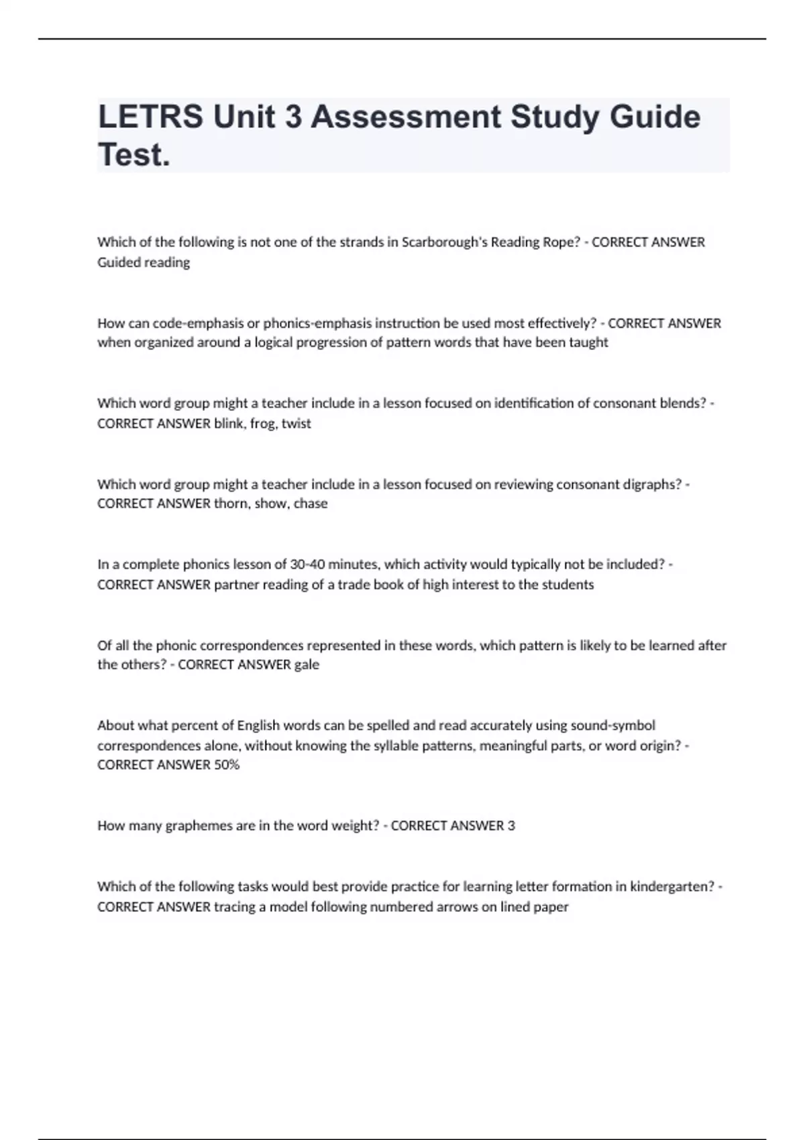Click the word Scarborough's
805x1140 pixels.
pyautogui.click(x=445, y=242)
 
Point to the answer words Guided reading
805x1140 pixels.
pyautogui.click(x=144, y=262)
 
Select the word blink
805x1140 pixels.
pyautogui.click(x=229, y=423)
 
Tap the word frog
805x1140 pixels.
pyautogui.click(x=263, y=423)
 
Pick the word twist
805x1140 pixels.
pyautogui.click(x=297, y=423)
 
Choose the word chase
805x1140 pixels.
pyautogui.click(x=311, y=504)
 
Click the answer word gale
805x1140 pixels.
pyautogui.click(x=307, y=665)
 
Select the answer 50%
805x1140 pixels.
pyautogui.click(x=227, y=764)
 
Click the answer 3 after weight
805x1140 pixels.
pyautogui.click(x=511, y=825)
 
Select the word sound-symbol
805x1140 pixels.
pyautogui.click(x=612, y=726)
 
